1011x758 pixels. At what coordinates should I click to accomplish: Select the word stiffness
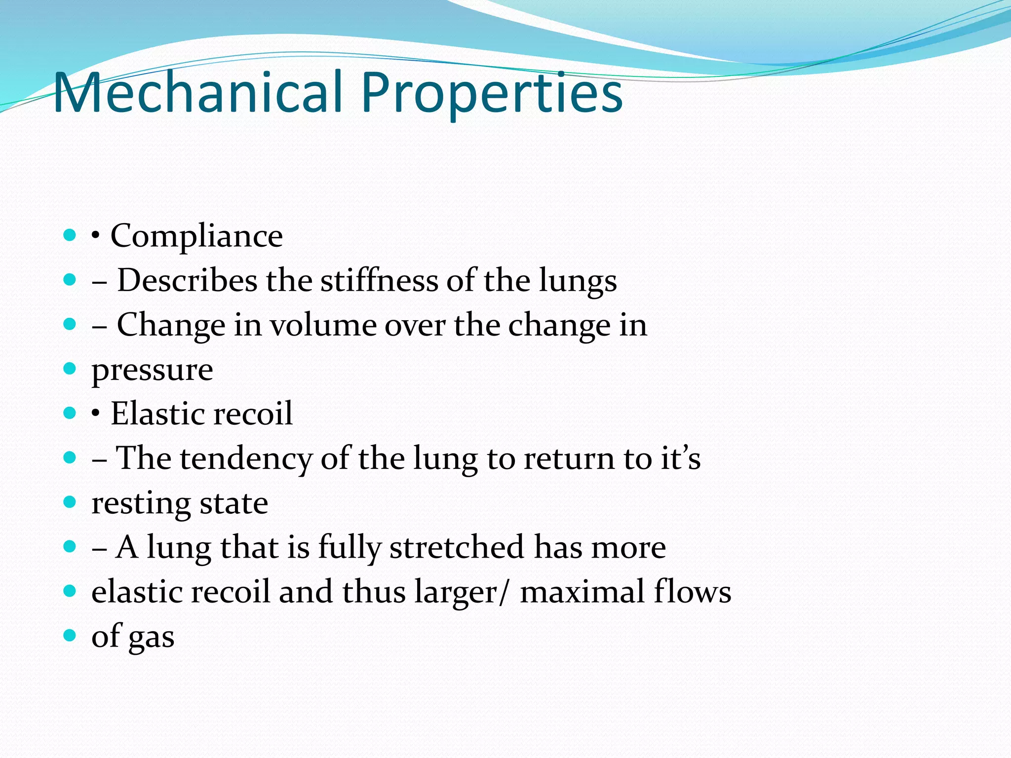click(x=379, y=280)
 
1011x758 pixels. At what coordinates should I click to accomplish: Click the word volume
click(x=323, y=325)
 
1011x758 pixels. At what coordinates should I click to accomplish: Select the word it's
click(x=681, y=458)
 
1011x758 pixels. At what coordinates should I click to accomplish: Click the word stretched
click(x=457, y=547)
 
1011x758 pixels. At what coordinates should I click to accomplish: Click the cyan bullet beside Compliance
click(x=70, y=235)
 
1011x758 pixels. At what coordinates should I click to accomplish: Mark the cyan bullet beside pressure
click(x=70, y=368)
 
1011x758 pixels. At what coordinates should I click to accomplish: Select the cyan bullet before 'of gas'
click(x=70, y=635)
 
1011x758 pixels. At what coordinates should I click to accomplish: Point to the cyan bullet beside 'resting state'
click(x=70, y=502)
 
